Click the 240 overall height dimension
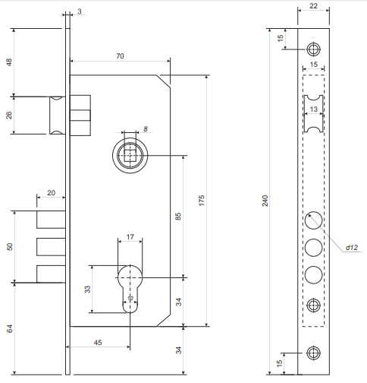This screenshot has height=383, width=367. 265,201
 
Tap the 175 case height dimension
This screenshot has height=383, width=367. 202,201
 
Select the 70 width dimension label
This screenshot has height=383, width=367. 120,56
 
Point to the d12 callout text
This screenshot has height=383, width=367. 352,248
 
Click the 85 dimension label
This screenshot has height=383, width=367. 178,217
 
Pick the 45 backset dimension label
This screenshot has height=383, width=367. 98,343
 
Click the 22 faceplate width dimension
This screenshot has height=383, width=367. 313,6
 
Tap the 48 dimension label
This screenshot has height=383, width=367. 9,62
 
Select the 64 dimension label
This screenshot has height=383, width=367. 9,329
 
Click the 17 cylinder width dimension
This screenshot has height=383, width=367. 130,237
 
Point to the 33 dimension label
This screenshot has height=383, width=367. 87,290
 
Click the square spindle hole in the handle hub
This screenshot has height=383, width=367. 130,155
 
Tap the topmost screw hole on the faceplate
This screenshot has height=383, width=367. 314,49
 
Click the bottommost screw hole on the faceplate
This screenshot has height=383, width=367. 314,353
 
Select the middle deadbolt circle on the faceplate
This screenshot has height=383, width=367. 314,248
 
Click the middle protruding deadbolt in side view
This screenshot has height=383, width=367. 51,247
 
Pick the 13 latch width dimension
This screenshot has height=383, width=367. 314,109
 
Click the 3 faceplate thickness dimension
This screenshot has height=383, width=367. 80,11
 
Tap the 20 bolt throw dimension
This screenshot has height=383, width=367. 51,193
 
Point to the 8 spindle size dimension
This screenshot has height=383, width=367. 146,129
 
